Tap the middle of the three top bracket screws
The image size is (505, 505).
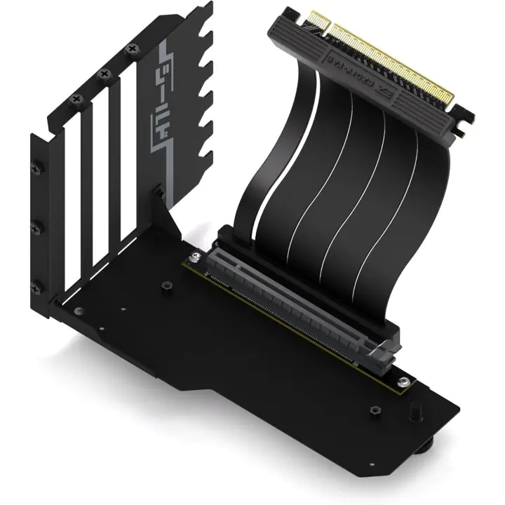[x=102, y=74]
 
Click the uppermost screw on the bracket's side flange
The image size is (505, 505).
[x=36, y=168]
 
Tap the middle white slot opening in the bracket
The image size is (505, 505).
[x=98, y=189]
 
